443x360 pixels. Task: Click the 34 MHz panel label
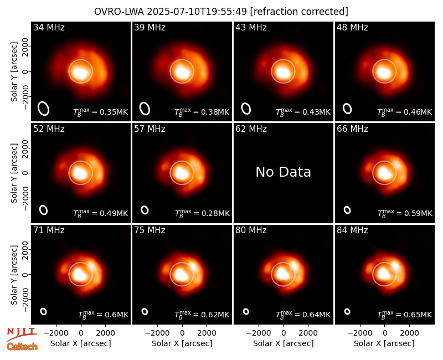pyautogui.click(x=49, y=27)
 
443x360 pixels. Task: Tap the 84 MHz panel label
pyautogui.click(x=352, y=230)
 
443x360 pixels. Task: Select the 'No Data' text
pyautogui.click(x=283, y=172)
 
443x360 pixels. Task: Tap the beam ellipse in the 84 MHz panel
pyautogui.click(x=347, y=311)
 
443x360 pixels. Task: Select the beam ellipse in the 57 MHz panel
pyautogui.click(x=145, y=210)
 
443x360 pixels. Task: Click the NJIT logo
pyautogui.click(x=22, y=333)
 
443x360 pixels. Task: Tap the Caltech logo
pyautogui.click(x=22, y=347)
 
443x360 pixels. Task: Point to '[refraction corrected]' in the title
pyautogui.click(x=299, y=12)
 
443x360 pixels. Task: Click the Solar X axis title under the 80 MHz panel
pyautogui.click(x=284, y=343)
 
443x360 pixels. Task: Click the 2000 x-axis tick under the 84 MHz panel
pyautogui.click(x=409, y=333)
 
